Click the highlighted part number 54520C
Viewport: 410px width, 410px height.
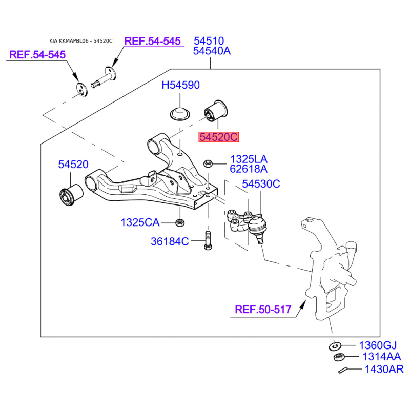click(219, 137)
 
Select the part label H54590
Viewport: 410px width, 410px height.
click(181, 85)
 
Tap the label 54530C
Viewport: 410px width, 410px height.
click(261, 184)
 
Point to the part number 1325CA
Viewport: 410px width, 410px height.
click(140, 222)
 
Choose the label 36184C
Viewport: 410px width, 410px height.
click(170, 241)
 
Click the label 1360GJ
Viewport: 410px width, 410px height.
click(378, 345)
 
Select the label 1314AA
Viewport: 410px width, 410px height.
click(381, 356)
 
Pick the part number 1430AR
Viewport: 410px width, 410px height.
click(384, 369)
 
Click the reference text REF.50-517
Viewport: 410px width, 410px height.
click(263, 310)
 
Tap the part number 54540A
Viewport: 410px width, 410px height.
click(212, 51)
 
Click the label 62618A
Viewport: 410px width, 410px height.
click(249, 169)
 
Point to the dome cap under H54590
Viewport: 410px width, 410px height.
click(180, 113)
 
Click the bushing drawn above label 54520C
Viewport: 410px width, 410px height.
click(216, 111)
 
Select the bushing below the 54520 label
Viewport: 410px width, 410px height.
click(71, 195)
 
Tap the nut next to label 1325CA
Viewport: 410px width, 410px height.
click(180, 222)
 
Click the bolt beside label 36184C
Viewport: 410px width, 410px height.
click(208, 240)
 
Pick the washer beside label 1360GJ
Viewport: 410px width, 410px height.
click(335, 346)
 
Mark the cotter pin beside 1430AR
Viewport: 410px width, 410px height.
click(342, 370)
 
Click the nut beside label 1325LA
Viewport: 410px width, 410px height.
click(208, 163)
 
